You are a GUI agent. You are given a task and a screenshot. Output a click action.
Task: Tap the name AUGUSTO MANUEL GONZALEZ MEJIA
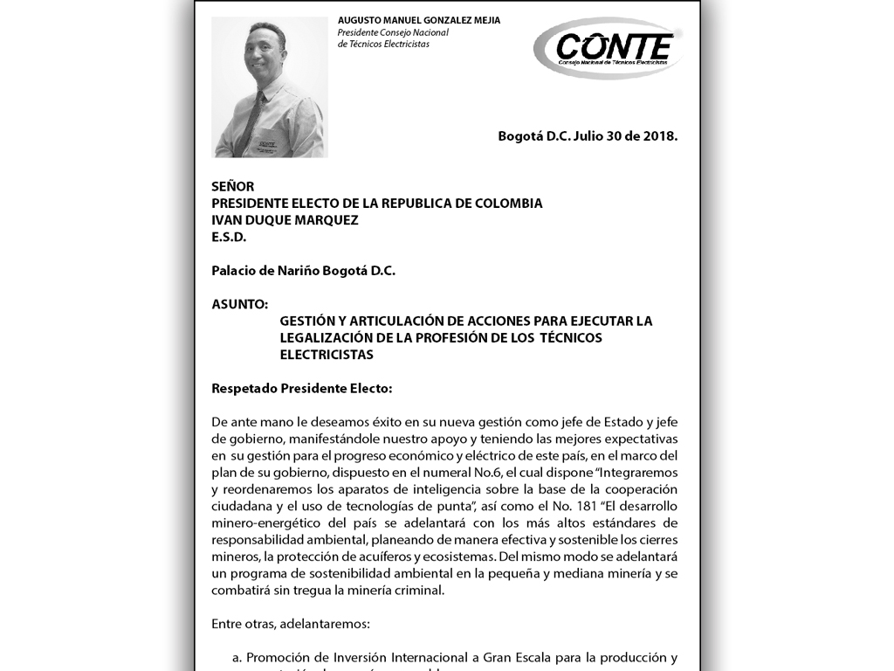[419, 20]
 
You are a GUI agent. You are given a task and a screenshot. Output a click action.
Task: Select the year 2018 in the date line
[660, 136]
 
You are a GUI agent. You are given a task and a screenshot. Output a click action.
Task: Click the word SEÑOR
[233, 186]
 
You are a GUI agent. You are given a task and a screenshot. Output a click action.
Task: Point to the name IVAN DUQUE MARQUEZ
[285, 220]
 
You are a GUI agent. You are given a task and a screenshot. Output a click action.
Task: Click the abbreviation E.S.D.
[229, 237]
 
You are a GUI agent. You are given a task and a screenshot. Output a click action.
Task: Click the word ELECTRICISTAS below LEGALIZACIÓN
[327, 355]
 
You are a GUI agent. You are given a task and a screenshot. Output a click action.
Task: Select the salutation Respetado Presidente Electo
[302, 388]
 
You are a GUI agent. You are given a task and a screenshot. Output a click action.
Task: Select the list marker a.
[237, 657]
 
